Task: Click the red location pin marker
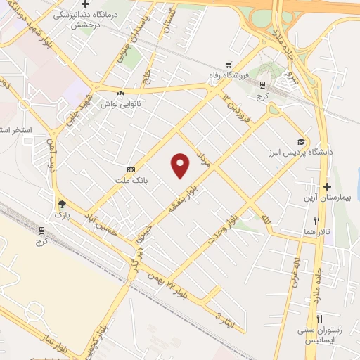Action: pos(181,165)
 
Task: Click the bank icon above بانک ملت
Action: pos(131,170)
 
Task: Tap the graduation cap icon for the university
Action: pos(301,141)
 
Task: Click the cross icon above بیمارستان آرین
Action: pos(327,186)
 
